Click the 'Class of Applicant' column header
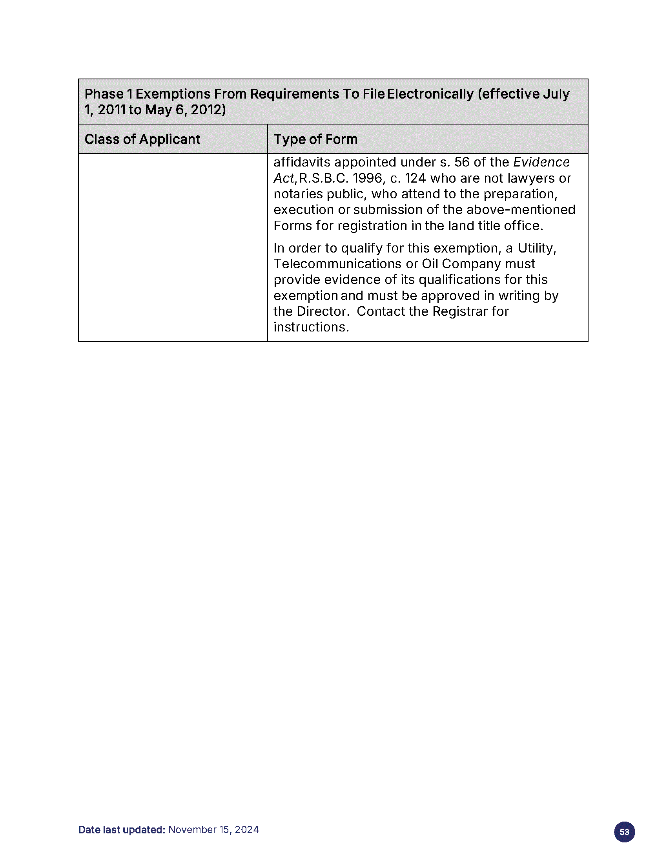pos(142,139)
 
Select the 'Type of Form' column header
pos(315,139)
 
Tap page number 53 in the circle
pos(624,832)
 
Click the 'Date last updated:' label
pos(122,829)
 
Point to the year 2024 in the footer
pos(247,829)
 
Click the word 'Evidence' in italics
pos(541,162)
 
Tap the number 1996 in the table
pos(367,178)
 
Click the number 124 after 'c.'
pos(415,178)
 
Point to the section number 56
pos(461,162)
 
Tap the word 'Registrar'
pos(460,311)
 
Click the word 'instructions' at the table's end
pos(310,327)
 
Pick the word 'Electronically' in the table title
pos(430,94)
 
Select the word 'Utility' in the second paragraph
pos(536,248)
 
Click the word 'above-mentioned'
pos(521,210)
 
